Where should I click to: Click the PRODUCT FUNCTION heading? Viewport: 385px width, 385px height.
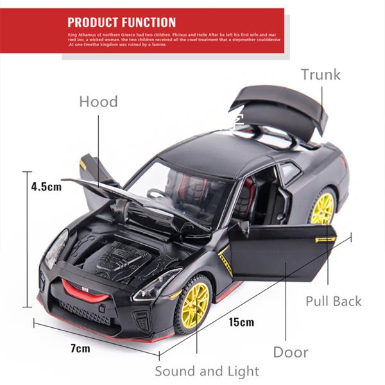pyautogui.click(x=121, y=22)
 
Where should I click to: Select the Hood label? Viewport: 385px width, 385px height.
pyautogui.click(x=98, y=101)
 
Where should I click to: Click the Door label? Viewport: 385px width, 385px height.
pyautogui.click(x=291, y=352)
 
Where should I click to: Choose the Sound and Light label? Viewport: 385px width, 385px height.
pyautogui.click(x=207, y=371)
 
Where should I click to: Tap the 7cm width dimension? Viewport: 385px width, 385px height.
pyautogui.click(x=80, y=348)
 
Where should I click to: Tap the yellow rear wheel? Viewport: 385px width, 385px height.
pyautogui.click(x=323, y=207)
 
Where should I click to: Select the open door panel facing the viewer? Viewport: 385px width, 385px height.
pyautogui.click(x=281, y=252)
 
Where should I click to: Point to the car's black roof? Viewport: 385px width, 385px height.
pyautogui.click(x=212, y=154)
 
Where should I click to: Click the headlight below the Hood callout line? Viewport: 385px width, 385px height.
pyautogui.click(x=56, y=250)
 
